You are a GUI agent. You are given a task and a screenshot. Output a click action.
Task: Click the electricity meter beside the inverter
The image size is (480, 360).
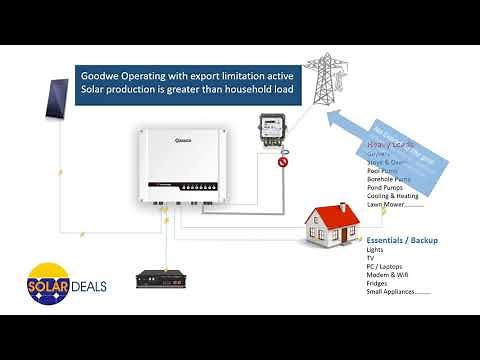[x=268, y=131]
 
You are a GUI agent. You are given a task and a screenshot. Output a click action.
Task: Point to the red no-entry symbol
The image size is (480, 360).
[x=283, y=161]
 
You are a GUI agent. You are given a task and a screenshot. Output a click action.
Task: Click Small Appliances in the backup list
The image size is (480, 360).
[x=398, y=291]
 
